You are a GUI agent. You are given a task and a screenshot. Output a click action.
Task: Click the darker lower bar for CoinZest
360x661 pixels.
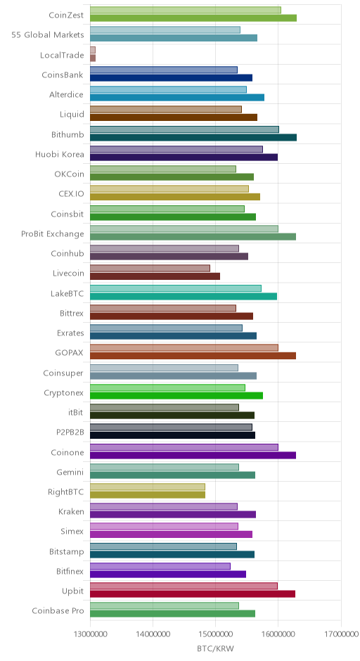point(193,18)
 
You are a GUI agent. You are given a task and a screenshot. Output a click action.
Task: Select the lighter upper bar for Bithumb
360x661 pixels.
point(184,129)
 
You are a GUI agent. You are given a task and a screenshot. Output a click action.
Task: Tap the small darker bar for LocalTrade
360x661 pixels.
point(93,58)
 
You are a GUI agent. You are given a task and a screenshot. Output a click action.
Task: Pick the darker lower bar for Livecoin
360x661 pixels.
point(155,276)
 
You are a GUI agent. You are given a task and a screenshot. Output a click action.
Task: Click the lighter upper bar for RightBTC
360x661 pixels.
point(148,487)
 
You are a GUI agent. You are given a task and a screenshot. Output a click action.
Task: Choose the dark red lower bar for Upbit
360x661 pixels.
point(193,593)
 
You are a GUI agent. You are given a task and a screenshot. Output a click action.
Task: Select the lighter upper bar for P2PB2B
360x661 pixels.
point(171,427)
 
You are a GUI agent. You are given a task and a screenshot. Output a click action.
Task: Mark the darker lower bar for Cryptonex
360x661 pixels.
point(176,395)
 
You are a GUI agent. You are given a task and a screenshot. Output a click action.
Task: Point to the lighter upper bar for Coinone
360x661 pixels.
point(184,447)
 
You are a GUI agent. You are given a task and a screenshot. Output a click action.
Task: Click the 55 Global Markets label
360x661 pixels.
point(48,35)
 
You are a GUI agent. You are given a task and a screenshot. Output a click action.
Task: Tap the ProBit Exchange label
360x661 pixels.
point(53,234)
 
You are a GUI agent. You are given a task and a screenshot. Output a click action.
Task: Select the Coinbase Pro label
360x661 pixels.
point(58,611)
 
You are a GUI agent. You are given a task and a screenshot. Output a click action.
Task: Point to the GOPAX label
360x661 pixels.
point(69,353)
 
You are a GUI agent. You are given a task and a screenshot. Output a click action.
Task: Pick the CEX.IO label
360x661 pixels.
point(71,194)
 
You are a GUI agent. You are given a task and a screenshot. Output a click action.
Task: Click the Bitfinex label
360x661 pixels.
point(70,572)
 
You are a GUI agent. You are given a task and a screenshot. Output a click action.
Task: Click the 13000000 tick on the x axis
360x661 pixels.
point(90,634)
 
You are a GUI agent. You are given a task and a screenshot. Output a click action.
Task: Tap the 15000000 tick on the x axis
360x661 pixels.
point(215,634)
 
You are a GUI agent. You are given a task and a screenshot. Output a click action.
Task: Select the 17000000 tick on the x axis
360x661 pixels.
point(340,634)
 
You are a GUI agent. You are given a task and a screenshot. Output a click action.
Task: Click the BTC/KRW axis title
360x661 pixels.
point(215,648)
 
